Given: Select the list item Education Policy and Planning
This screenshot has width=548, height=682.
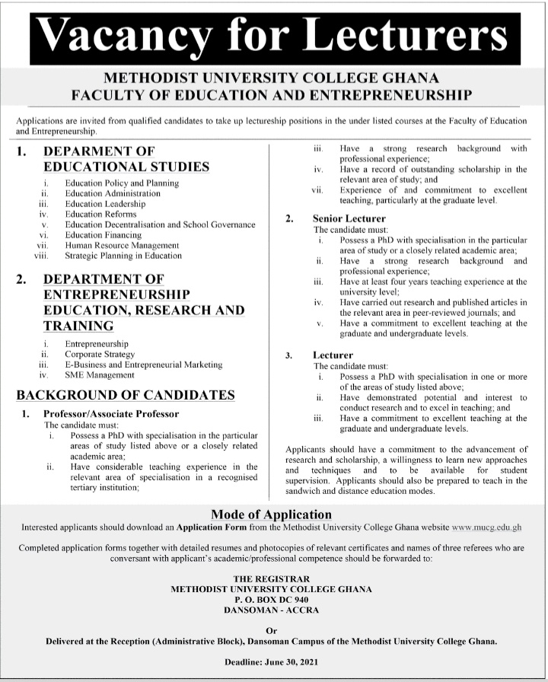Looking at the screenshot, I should (122, 183).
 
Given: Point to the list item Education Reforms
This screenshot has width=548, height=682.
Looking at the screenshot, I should (100, 215).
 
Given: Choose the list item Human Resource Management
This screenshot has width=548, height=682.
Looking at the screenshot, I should (122, 246).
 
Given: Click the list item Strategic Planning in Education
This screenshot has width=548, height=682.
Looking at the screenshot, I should (123, 257).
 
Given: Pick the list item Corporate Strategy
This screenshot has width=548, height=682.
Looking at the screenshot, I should (99, 355).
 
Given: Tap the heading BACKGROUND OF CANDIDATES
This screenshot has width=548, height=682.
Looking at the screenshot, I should (126, 394).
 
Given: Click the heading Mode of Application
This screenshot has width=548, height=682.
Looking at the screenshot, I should (271, 514).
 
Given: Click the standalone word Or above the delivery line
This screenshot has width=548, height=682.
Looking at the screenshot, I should (271, 630).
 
